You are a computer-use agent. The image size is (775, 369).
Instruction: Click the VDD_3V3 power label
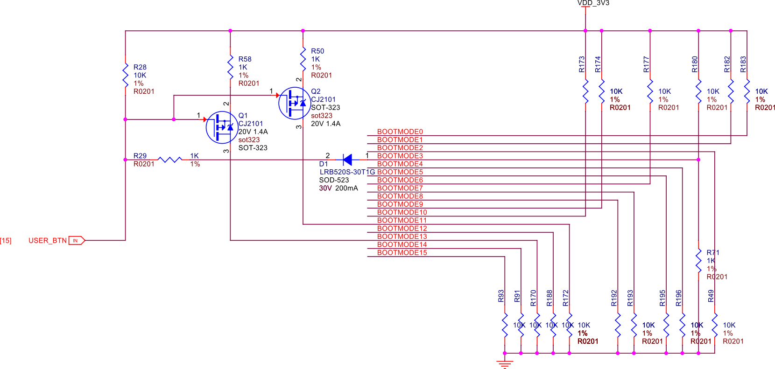[x=593, y=3]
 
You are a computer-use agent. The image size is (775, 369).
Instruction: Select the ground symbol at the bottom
[x=505, y=364]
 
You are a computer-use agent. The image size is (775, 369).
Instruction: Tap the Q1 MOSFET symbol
[x=221, y=127]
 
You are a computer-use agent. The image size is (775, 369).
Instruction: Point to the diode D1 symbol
[x=347, y=160]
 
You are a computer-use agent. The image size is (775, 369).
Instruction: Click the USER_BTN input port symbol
[x=77, y=240]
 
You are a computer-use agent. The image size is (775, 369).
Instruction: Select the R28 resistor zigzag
[x=125, y=75]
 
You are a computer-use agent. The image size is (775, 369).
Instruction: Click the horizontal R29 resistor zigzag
[x=170, y=160]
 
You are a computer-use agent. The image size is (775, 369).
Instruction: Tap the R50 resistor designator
[x=317, y=51]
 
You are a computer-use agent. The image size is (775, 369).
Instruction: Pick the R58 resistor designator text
[x=245, y=59]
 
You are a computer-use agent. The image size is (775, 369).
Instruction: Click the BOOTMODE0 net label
[x=400, y=132]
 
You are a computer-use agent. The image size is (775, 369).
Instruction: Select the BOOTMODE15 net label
[x=402, y=253]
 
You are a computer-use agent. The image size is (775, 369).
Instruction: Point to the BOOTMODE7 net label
[x=400, y=188]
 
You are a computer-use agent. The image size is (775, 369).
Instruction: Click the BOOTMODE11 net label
[x=402, y=220]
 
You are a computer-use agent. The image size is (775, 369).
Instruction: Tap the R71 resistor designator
[x=712, y=252]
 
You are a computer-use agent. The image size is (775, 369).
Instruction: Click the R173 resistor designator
[x=582, y=64]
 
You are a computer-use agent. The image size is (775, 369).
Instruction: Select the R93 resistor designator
[x=501, y=296]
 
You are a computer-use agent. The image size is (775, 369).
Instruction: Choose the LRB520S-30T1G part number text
[x=347, y=172]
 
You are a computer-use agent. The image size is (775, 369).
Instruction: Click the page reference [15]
[x=6, y=241]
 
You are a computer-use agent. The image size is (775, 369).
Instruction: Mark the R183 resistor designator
[x=743, y=64]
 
